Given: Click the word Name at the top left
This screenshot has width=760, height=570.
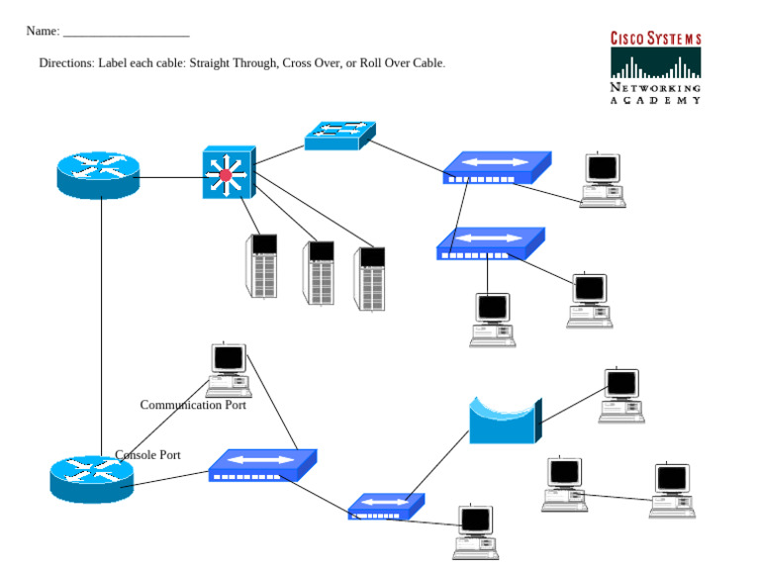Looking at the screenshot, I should pyautogui.click(x=41, y=32).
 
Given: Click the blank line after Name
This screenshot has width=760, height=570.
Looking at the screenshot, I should pyautogui.click(x=126, y=34).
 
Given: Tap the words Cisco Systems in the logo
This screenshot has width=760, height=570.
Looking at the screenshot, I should pyautogui.click(x=655, y=39).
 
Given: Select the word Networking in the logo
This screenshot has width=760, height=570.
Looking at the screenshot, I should pyautogui.click(x=655, y=88).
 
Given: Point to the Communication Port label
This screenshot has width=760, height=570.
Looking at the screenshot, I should pyautogui.click(x=193, y=405).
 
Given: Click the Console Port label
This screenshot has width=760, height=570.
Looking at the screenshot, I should pyautogui.click(x=148, y=455).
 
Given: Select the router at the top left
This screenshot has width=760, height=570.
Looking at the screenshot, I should pyautogui.click(x=97, y=174).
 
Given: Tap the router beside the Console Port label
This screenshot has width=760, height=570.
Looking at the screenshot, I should pyautogui.click(x=91, y=479).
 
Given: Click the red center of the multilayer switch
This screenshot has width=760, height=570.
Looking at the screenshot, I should pyautogui.click(x=226, y=175).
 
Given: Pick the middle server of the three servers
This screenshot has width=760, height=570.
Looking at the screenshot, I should pyautogui.click(x=319, y=272).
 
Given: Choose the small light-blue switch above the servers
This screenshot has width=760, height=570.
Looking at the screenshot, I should pyautogui.click(x=339, y=136).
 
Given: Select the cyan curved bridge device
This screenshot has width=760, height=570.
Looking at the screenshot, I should pyautogui.click(x=505, y=421).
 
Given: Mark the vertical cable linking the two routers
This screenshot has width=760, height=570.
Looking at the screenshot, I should pyautogui.click(x=101, y=327).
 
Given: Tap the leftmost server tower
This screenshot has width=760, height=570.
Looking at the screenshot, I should pyautogui.click(x=261, y=265).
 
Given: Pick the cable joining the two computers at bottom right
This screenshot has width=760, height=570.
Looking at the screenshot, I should pyautogui.click(x=618, y=496).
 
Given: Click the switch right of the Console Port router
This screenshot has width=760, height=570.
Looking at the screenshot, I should pyautogui.click(x=262, y=465).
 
